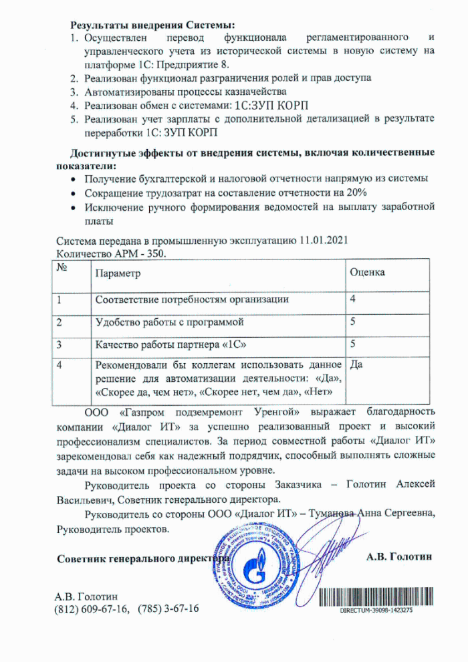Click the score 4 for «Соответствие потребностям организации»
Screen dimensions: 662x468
(353, 299)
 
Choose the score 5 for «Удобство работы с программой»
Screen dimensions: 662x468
(353, 322)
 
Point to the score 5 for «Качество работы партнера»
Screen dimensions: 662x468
(353, 344)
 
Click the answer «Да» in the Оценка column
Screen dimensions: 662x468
(356, 365)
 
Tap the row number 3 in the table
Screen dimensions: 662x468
(60, 344)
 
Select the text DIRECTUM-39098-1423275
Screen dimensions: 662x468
(376, 611)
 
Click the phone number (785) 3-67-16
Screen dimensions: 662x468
(168, 609)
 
